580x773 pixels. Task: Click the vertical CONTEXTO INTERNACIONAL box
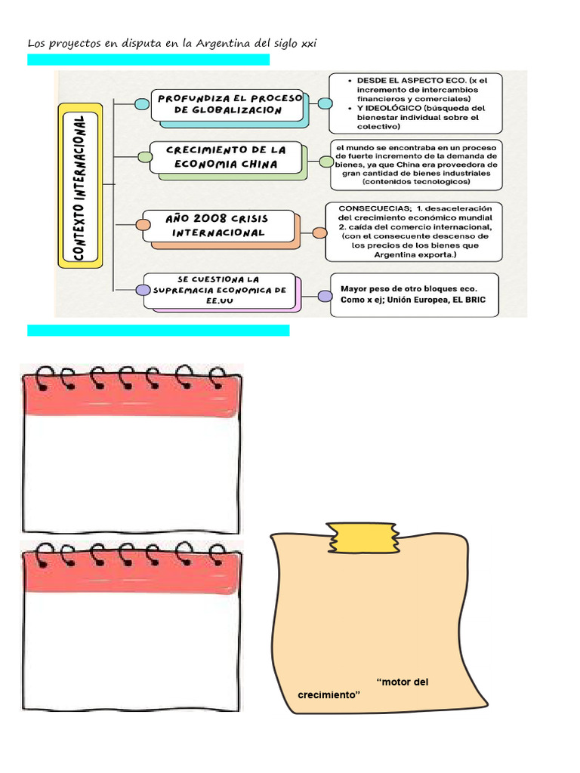click(x=80, y=186)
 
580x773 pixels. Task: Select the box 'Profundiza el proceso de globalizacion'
click(x=227, y=105)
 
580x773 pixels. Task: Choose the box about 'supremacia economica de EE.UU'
click(x=219, y=291)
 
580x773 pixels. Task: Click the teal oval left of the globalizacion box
click(x=141, y=104)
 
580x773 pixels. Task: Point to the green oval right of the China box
click(x=325, y=162)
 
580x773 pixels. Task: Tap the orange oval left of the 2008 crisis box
click(x=142, y=224)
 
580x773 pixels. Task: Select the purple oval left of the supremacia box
click(x=142, y=290)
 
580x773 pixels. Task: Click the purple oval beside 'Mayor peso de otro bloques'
click(x=325, y=296)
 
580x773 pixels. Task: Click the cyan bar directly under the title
click(x=148, y=60)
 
